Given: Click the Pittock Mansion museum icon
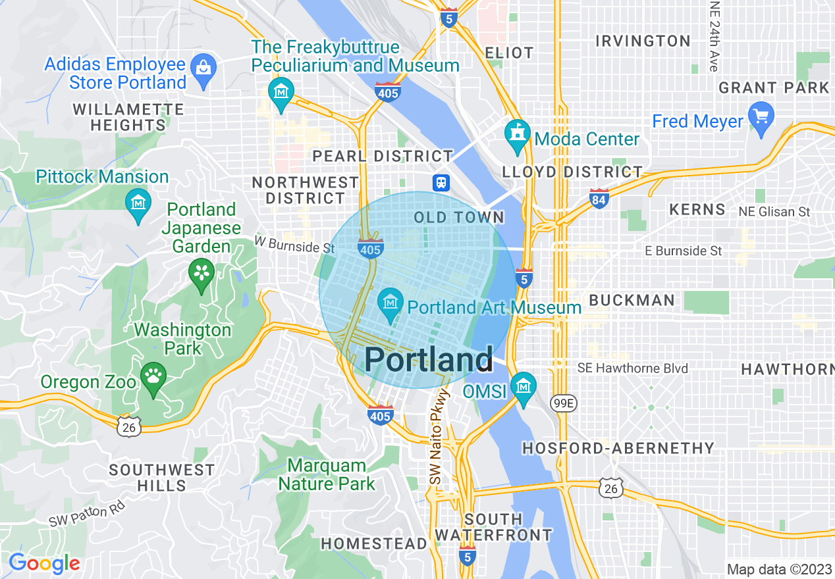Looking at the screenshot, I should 138,203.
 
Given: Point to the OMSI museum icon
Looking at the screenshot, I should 524,388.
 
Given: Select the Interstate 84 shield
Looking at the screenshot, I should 599,198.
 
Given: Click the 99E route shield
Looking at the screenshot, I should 564,403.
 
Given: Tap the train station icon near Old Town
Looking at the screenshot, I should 441,182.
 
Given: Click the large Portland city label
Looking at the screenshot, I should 428,360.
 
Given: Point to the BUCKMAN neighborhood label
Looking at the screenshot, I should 632,300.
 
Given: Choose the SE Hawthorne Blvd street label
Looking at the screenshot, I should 632,368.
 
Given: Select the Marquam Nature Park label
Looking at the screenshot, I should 327,474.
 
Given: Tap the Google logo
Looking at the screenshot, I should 44,564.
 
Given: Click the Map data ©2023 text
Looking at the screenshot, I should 778,569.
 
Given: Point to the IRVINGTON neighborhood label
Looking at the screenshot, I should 643,41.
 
